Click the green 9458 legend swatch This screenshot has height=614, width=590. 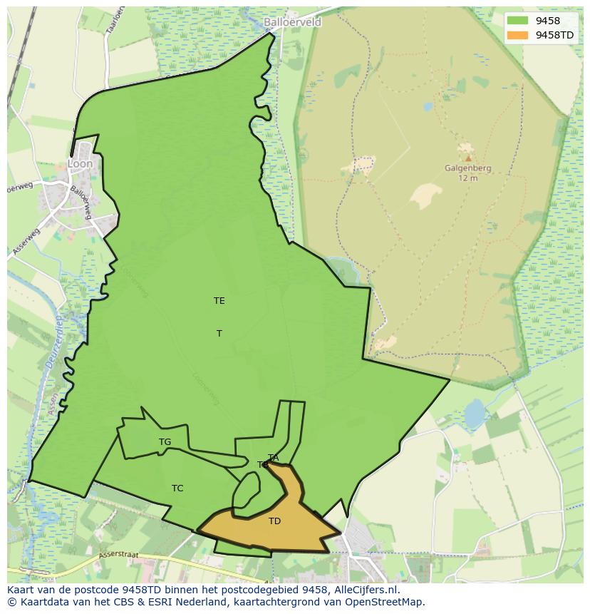pyautogui.click(x=519, y=21)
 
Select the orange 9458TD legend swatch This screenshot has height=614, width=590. pyautogui.click(x=519, y=35)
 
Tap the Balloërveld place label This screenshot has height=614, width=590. pyautogui.click(x=292, y=22)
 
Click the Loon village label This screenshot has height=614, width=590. pyautogui.click(x=80, y=163)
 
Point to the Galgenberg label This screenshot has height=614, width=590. pyautogui.click(x=467, y=168)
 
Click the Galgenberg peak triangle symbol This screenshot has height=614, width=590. pyautogui.click(x=467, y=158)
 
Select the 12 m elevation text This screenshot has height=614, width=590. pyautogui.click(x=467, y=178)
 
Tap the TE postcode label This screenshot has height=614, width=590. pyautogui.click(x=219, y=301)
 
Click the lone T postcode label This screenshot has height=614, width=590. pyautogui.click(x=219, y=334)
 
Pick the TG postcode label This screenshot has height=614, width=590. pyautogui.click(x=165, y=442)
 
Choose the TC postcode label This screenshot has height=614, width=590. pyautogui.click(x=177, y=488)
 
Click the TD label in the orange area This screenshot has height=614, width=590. pyautogui.click(x=274, y=521)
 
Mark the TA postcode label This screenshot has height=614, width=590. pyautogui.click(x=273, y=457)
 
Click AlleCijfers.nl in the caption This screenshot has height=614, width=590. pyautogui.click(x=367, y=590)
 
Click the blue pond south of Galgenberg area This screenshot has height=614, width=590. pyautogui.click(x=474, y=414)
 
